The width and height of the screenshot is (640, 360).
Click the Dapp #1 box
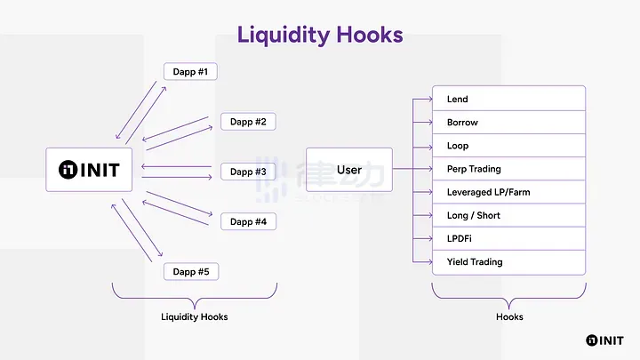[190, 72]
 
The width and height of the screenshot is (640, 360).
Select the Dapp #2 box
[247, 122]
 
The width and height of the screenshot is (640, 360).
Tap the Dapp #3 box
[247, 172]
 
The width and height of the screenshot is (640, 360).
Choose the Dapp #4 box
[247, 221]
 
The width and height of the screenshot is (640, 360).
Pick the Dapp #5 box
[190, 271]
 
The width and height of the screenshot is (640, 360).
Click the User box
[348, 169]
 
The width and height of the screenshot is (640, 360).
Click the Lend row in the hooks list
[508, 99]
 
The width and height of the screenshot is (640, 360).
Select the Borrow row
[508, 122]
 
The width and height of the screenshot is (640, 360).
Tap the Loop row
[508, 145]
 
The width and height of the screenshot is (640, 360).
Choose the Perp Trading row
[508, 169]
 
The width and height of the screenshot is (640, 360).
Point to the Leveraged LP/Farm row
[508, 192]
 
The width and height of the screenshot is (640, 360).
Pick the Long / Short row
[508, 215]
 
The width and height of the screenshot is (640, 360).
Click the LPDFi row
[508, 238]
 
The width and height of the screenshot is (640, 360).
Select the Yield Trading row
[508, 262]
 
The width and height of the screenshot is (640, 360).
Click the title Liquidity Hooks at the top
[320, 36]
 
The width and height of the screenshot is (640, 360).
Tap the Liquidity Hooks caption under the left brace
[194, 316]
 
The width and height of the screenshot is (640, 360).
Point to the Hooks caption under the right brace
[509, 316]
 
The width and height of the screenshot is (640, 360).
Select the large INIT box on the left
[89, 169]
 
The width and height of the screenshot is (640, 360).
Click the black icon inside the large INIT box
[68, 169]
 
